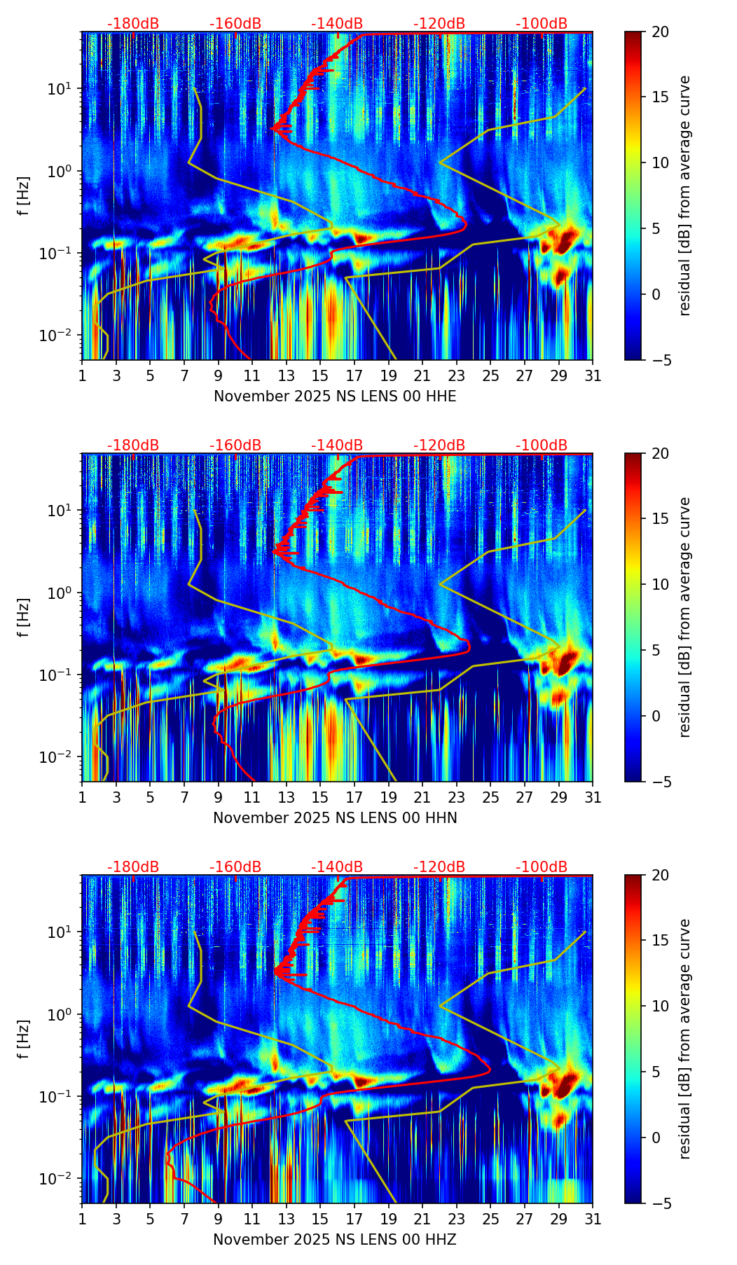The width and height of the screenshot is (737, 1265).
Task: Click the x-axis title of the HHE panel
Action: tap(335, 396)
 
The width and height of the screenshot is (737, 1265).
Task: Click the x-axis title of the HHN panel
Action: tap(335, 818)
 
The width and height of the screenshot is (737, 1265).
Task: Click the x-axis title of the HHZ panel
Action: tap(335, 1240)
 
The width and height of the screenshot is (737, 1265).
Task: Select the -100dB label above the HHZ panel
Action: tap(542, 867)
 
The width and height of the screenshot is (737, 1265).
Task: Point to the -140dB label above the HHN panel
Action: tap(337, 445)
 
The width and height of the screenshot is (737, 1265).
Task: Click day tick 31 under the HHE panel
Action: tap(593, 376)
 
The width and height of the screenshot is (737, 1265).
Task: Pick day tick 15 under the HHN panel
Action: tap(320, 798)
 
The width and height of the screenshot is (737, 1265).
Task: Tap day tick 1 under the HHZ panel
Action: tap(83, 1219)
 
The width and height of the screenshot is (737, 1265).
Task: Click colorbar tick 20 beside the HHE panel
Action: tap(661, 32)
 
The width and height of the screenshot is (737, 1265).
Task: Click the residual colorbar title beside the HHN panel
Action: tap(684, 617)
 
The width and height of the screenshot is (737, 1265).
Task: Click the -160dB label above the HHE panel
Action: tap(235, 24)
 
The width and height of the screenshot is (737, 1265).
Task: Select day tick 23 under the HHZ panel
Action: tap(457, 1219)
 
